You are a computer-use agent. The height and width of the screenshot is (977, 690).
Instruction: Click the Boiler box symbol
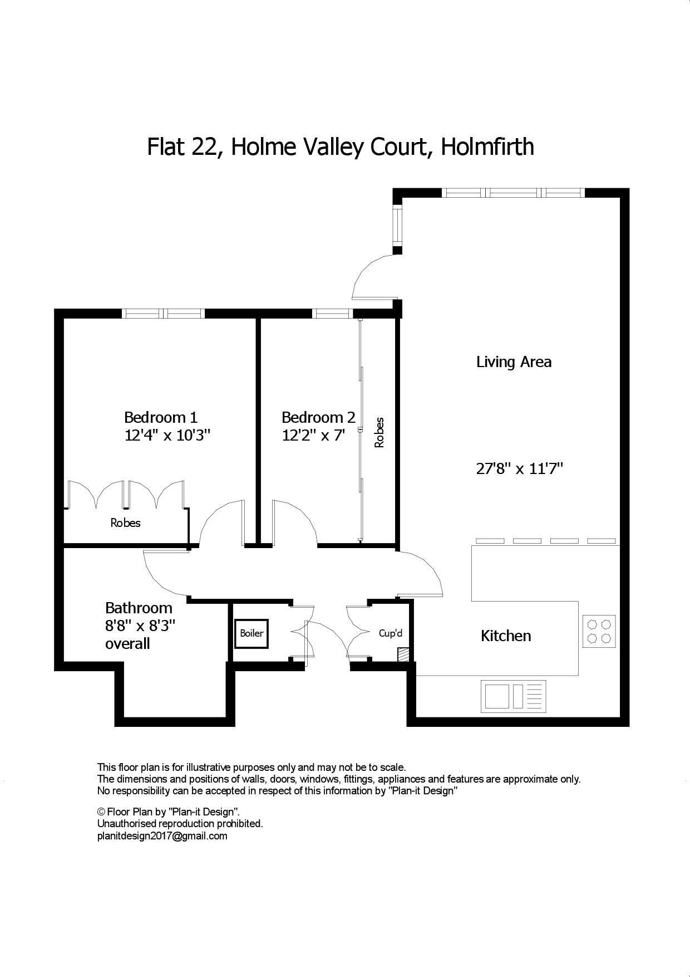point(252,633)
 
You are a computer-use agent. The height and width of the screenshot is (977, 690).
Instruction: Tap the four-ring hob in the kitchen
point(599,631)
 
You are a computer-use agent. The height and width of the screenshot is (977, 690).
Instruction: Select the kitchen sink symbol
point(513,696)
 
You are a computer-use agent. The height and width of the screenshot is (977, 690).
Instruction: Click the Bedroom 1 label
point(160,417)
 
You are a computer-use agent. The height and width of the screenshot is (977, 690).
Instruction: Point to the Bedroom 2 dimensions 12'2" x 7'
point(314,435)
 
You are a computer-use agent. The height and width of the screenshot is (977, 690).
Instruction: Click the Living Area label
point(514,362)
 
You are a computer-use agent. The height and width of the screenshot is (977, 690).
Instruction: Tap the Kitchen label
point(505,636)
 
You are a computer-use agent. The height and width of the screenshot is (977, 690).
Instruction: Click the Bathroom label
point(139,608)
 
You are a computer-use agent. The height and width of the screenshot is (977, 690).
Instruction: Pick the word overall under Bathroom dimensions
point(127,644)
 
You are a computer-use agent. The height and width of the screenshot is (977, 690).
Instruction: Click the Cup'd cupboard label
point(390,633)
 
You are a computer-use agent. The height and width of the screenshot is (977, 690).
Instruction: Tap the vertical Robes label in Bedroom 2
point(379,433)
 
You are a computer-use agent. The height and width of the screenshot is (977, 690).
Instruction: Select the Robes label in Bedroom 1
point(125,523)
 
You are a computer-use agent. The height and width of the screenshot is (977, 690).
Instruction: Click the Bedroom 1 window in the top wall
point(163,314)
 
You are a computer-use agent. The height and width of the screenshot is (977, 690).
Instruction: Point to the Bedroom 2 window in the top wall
point(332,314)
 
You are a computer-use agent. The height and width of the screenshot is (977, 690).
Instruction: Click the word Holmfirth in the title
point(487,146)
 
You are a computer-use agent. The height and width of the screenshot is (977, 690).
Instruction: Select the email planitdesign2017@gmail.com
point(162,836)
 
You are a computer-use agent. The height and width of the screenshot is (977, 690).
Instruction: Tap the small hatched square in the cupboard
point(403,654)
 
